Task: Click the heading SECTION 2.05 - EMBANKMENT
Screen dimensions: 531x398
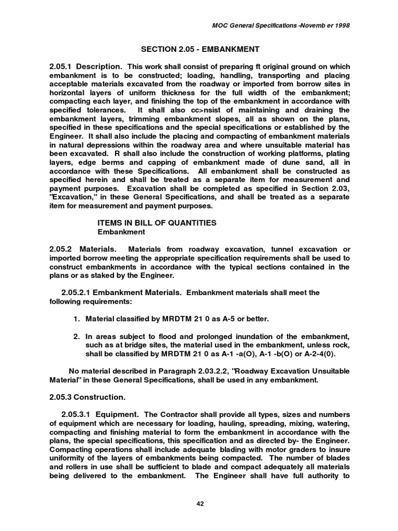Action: (200, 49)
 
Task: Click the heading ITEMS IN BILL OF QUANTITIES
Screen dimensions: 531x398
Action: (157, 222)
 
